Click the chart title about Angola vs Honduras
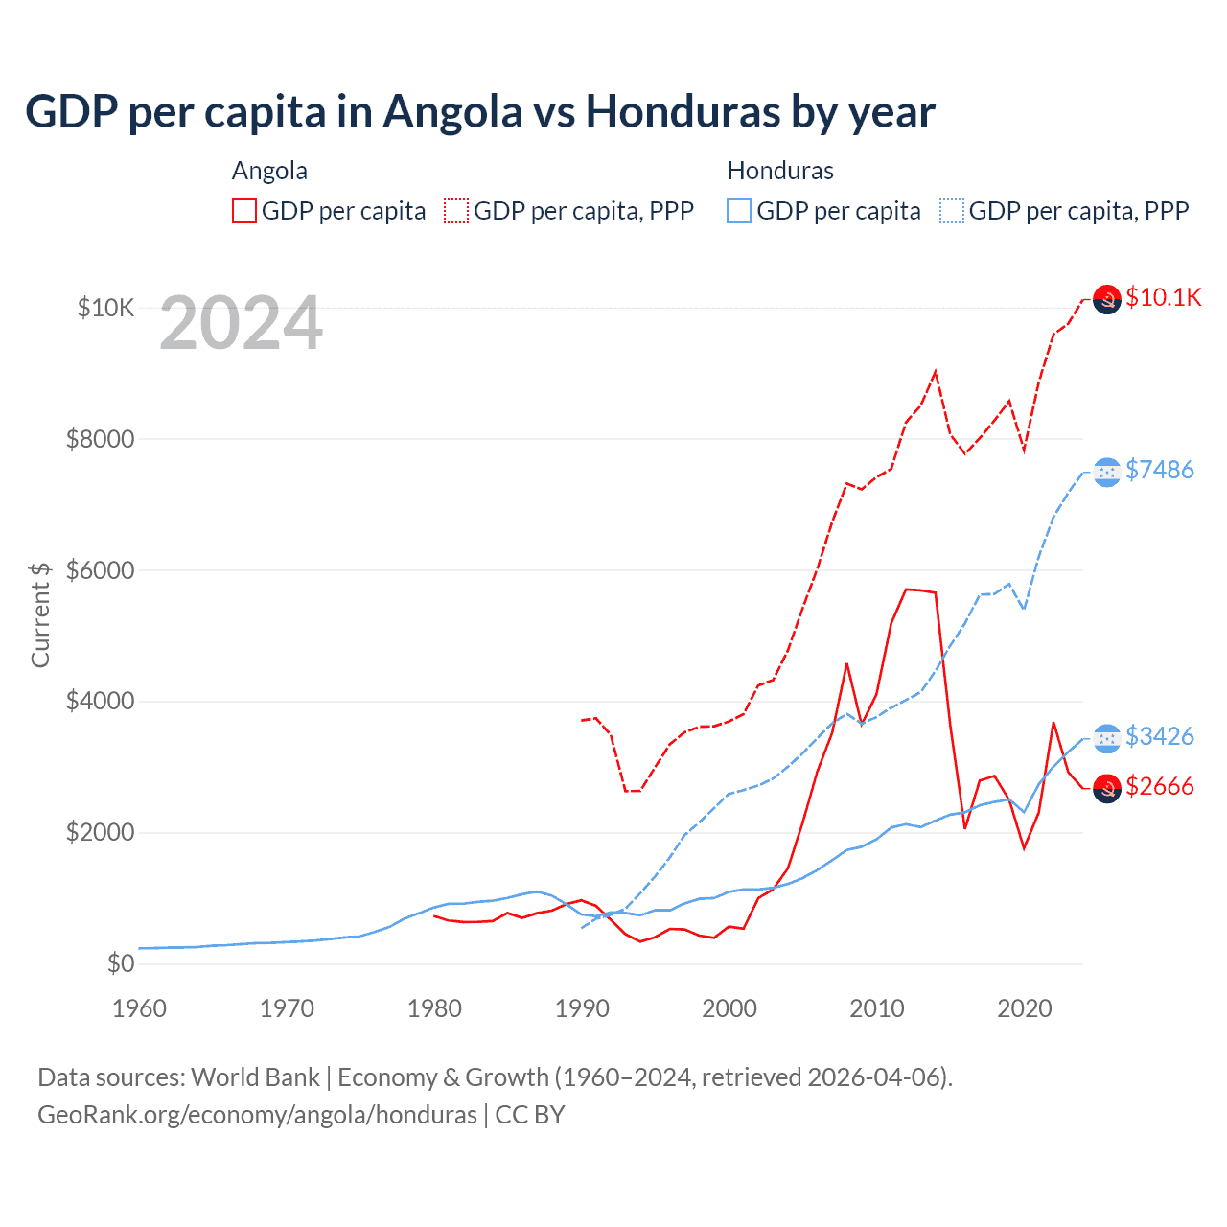[480, 112]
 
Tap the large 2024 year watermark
[241, 323]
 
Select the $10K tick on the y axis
[105, 308]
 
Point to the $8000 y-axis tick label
[100, 439]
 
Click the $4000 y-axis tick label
[100, 701]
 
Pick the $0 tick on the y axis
[120, 963]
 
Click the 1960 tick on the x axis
[140, 1008]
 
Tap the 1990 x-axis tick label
[582, 1008]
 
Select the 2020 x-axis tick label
[1025, 1008]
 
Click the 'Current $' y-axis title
[40, 614]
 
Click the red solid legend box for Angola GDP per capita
[244, 211]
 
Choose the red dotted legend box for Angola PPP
[456, 211]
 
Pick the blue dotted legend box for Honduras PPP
[952, 211]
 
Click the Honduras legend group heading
[780, 171]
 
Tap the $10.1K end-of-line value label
[1163, 297]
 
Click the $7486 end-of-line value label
[1160, 470]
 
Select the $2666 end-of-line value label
[1160, 787]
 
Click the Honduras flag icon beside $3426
[1107, 738]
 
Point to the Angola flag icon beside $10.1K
[1107, 300]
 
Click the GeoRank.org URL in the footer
[257, 1115]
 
